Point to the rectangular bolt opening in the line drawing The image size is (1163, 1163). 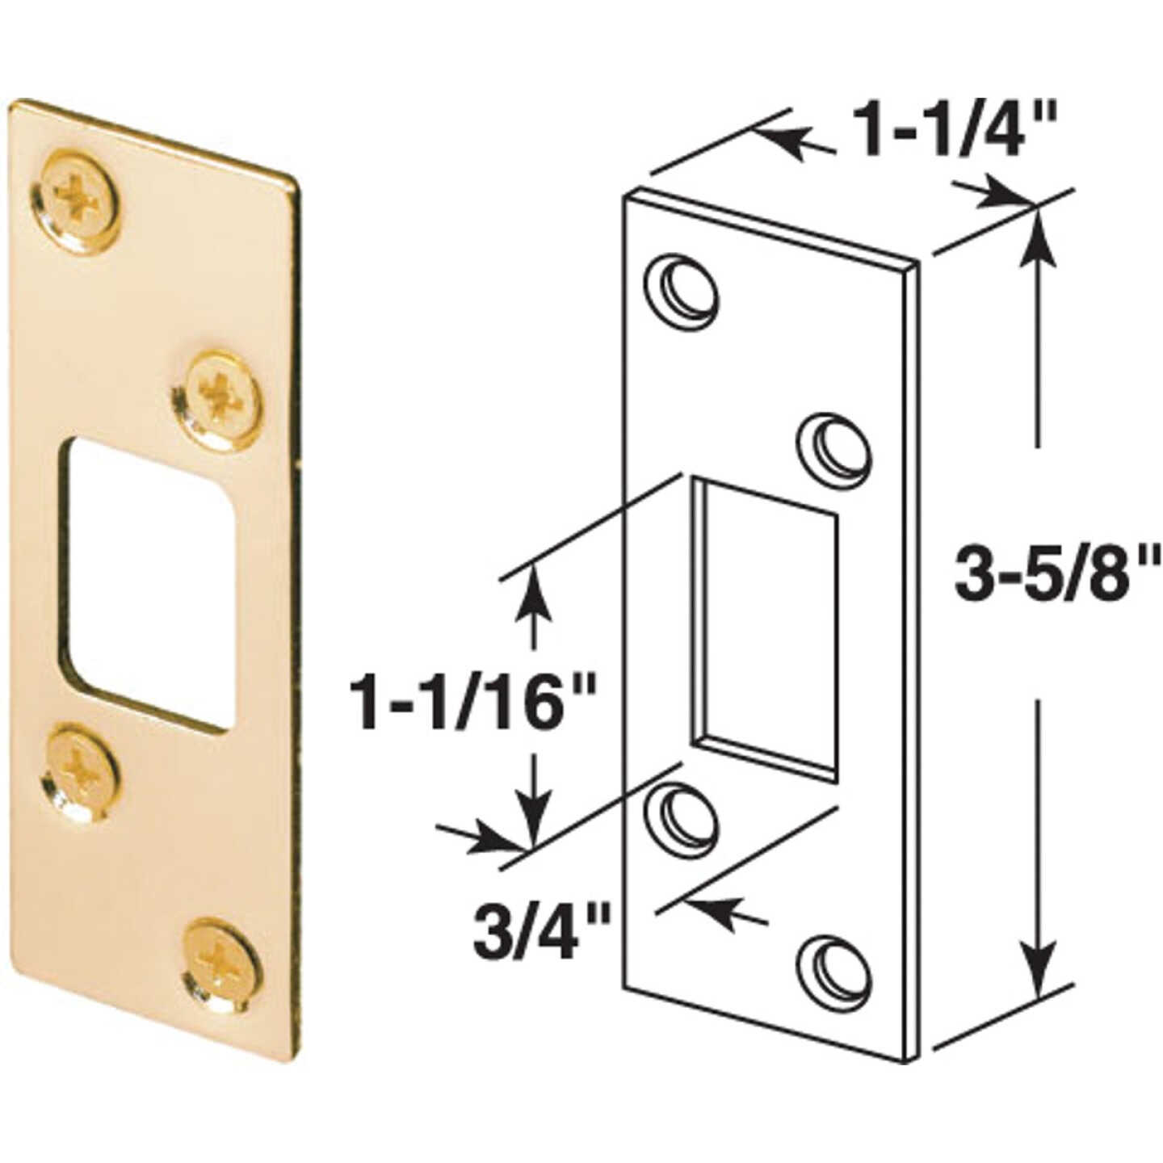click(763, 627)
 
